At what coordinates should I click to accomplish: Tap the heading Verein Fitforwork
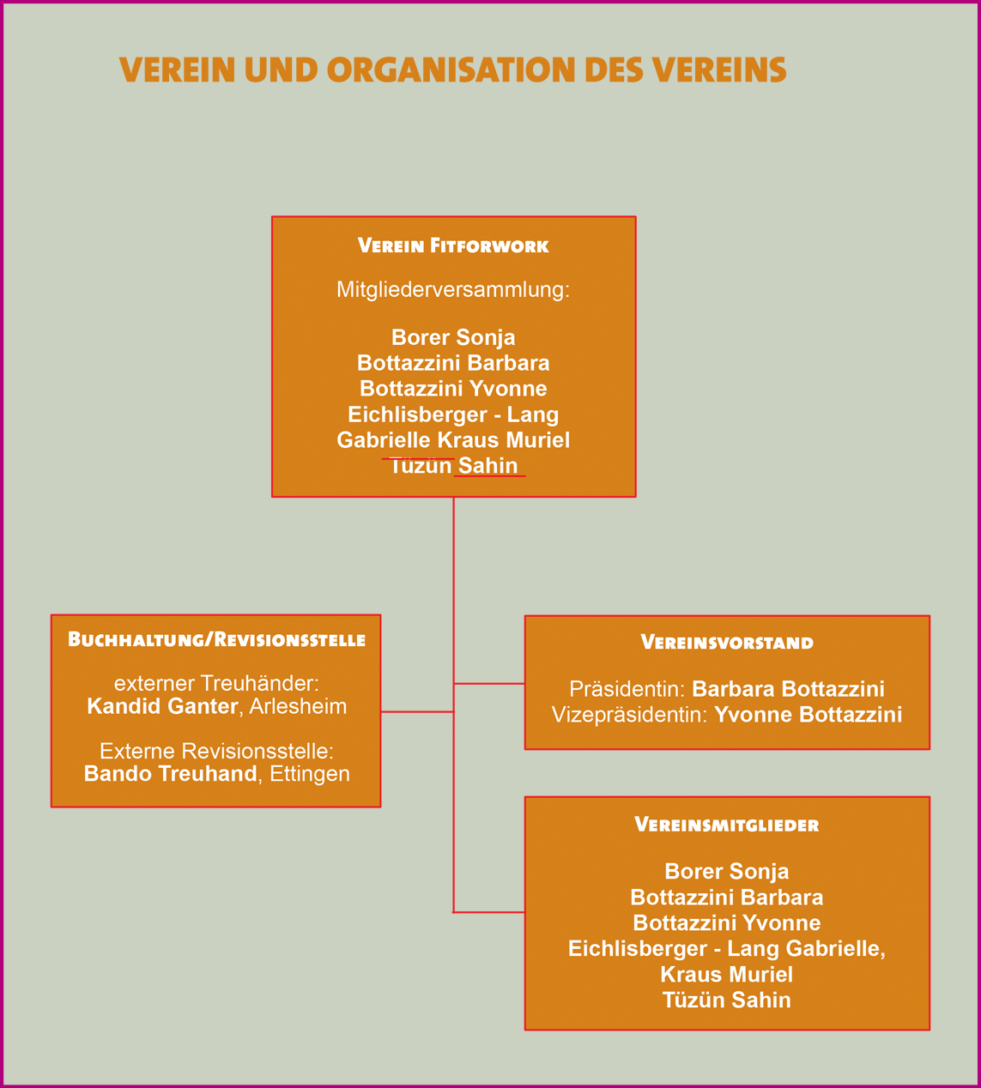pyautogui.click(x=453, y=246)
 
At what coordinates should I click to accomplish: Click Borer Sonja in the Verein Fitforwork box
pyautogui.click(x=453, y=337)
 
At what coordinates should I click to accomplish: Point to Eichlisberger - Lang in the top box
pyautogui.click(x=453, y=414)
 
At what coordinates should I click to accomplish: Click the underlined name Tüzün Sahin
pyautogui.click(x=453, y=466)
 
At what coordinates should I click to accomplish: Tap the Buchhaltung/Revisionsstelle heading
pyautogui.click(x=216, y=640)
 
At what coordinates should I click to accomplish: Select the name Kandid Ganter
pyautogui.click(x=162, y=706)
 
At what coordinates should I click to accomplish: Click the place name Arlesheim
pyautogui.click(x=298, y=706)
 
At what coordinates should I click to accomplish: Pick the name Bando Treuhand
pyautogui.click(x=170, y=774)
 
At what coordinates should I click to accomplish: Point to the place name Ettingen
pyautogui.click(x=309, y=774)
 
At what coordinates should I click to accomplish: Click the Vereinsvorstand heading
pyautogui.click(x=727, y=643)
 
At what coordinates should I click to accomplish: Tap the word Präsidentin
pyautogui.click(x=625, y=689)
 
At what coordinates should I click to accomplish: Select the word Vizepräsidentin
pyautogui.click(x=629, y=715)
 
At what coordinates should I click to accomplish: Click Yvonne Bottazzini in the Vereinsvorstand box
pyautogui.click(x=808, y=715)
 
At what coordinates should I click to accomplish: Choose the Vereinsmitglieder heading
pyautogui.click(x=727, y=825)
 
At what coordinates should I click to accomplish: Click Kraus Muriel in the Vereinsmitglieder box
pyautogui.click(x=726, y=975)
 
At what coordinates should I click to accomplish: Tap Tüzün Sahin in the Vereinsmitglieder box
pyautogui.click(x=726, y=1000)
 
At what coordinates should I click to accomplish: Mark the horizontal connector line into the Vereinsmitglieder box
pyautogui.click(x=489, y=912)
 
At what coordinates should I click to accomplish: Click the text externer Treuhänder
pyautogui.click(x=216, y=683)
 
